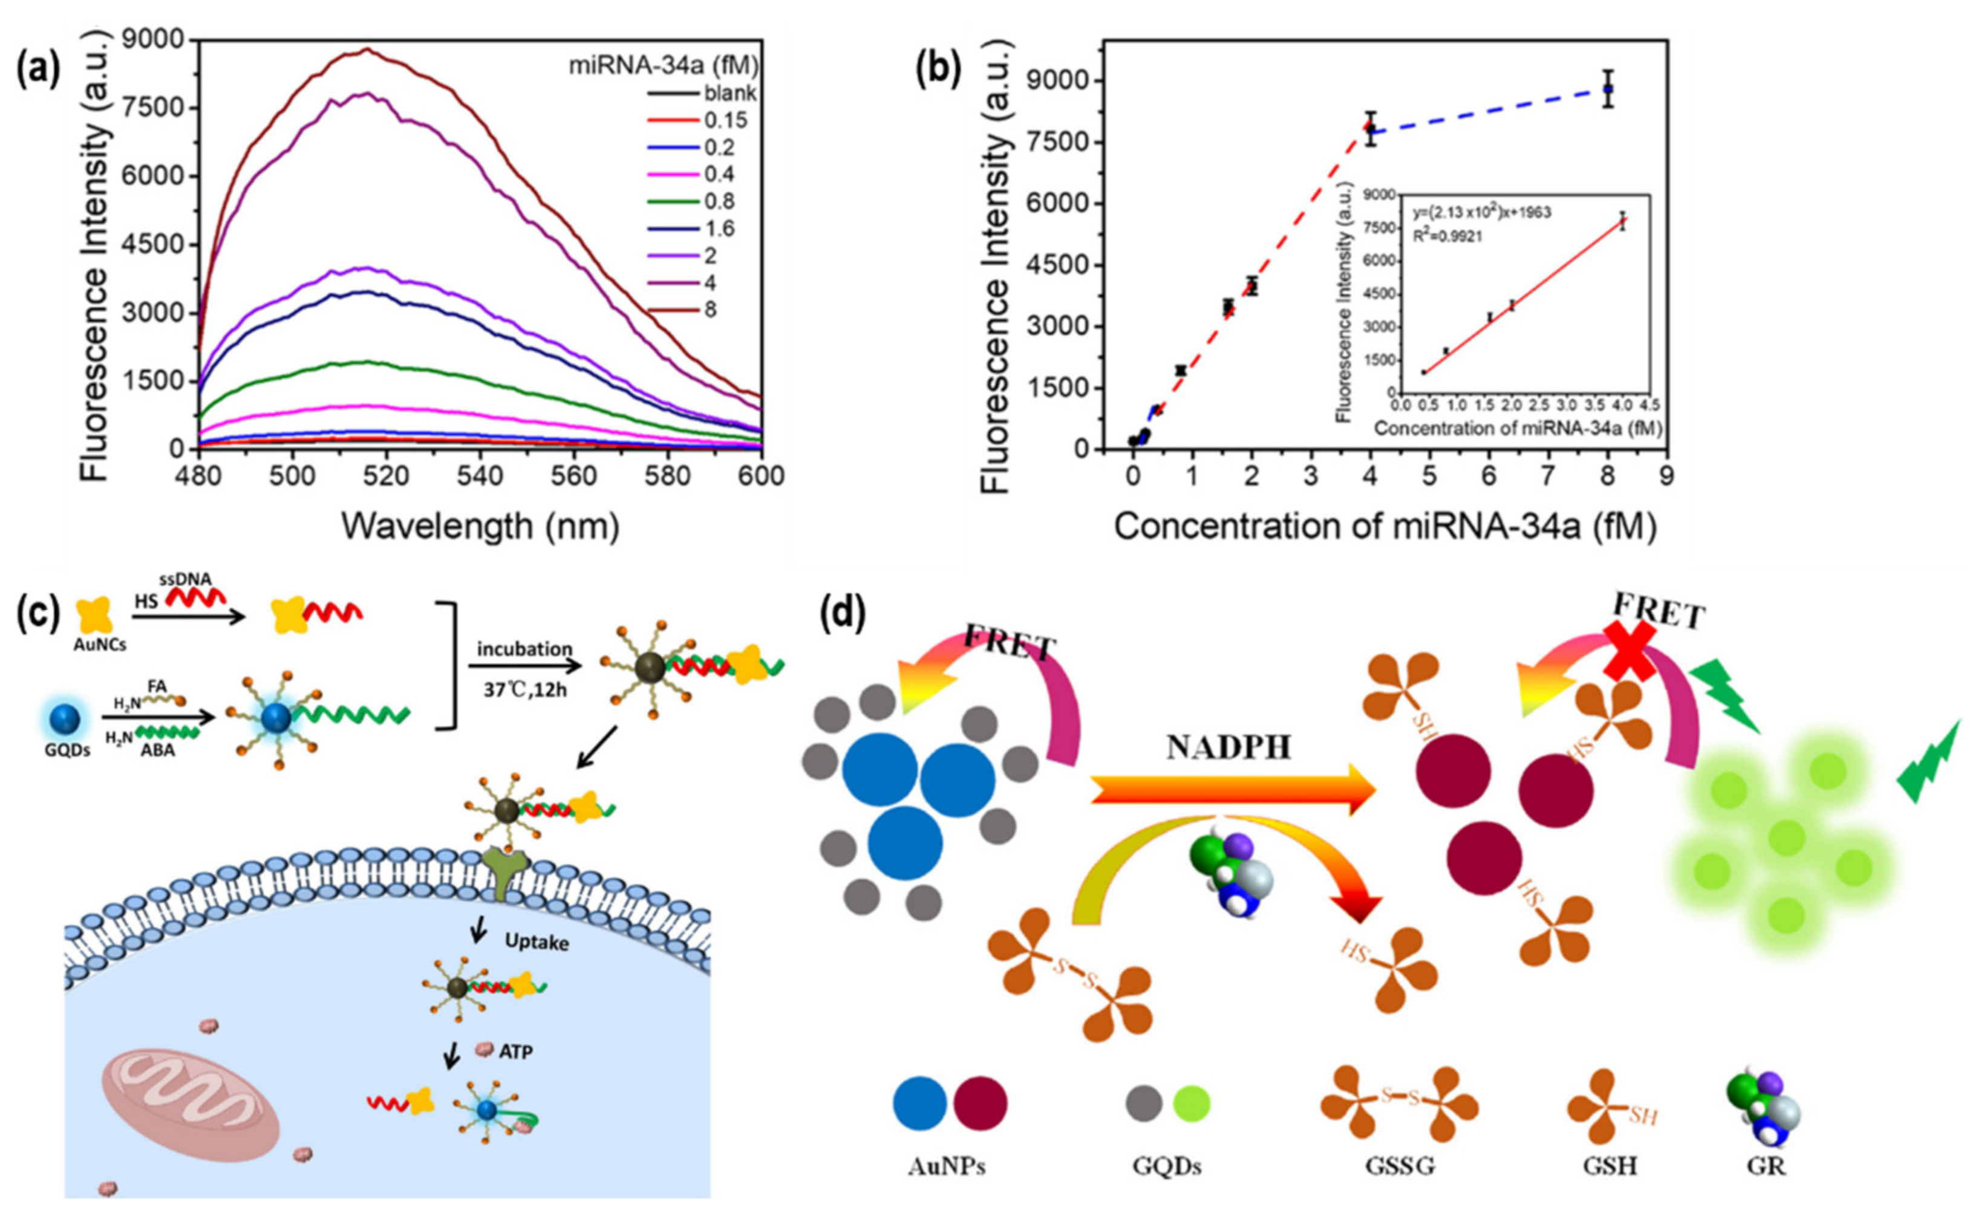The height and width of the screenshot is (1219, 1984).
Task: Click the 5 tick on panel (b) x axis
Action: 1430,477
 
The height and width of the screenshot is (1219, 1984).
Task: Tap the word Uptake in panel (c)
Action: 537,941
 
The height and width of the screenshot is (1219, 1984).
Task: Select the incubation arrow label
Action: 524,649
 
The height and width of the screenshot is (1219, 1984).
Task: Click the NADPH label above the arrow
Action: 1229,748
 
